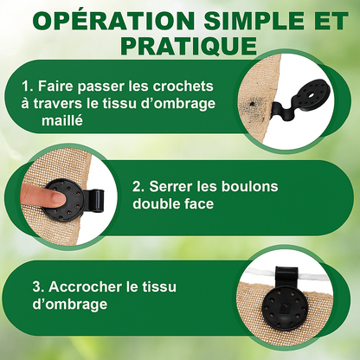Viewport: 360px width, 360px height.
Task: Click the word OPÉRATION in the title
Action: click(113, 21)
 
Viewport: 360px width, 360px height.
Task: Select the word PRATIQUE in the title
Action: click(189, 46)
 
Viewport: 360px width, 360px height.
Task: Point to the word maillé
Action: click(62, 119)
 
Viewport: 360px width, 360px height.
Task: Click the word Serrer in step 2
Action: click(171, 187)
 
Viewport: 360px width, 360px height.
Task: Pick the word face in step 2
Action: click(199, 203)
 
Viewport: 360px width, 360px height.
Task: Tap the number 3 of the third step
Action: click(36, 287)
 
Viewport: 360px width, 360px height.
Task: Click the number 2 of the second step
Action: click(137, 187)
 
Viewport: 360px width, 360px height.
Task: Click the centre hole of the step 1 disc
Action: click(312, 95)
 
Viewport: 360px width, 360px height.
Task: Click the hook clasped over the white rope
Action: click(286, 276)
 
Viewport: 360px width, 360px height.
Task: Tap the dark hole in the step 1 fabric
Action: click(253, 104)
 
